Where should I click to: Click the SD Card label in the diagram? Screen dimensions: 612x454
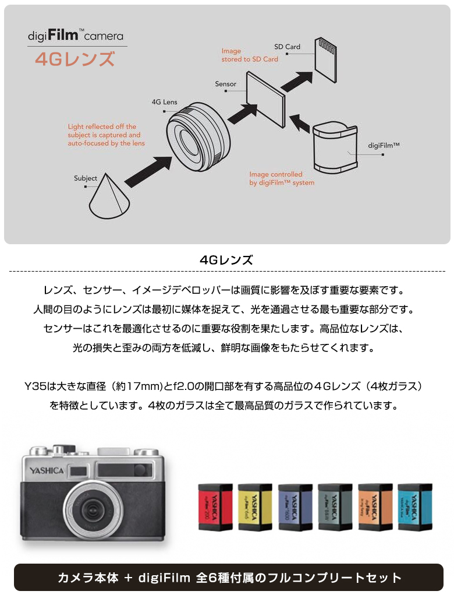pyautogui.click(x=287, y=47)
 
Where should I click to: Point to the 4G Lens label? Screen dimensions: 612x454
pyautogui.click(x=164, y=102)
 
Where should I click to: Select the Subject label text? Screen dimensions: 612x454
pyautogui.click(x=85, y=178)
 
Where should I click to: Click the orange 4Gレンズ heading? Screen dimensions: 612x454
pyautogui.click(x=74, y=59)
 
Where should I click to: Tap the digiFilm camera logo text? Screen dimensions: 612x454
pyautogui.click(x=76, y=36)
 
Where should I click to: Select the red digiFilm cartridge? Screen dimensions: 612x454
pyautogui.click(x=215, y=507)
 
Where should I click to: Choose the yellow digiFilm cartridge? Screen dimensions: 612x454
pyautogui.click(x=255, y=507)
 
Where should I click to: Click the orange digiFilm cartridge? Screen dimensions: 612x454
pyautogui.click(x=375, y=507)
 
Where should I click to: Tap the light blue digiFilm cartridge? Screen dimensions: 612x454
pyautogui.click(x=415, y=507)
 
